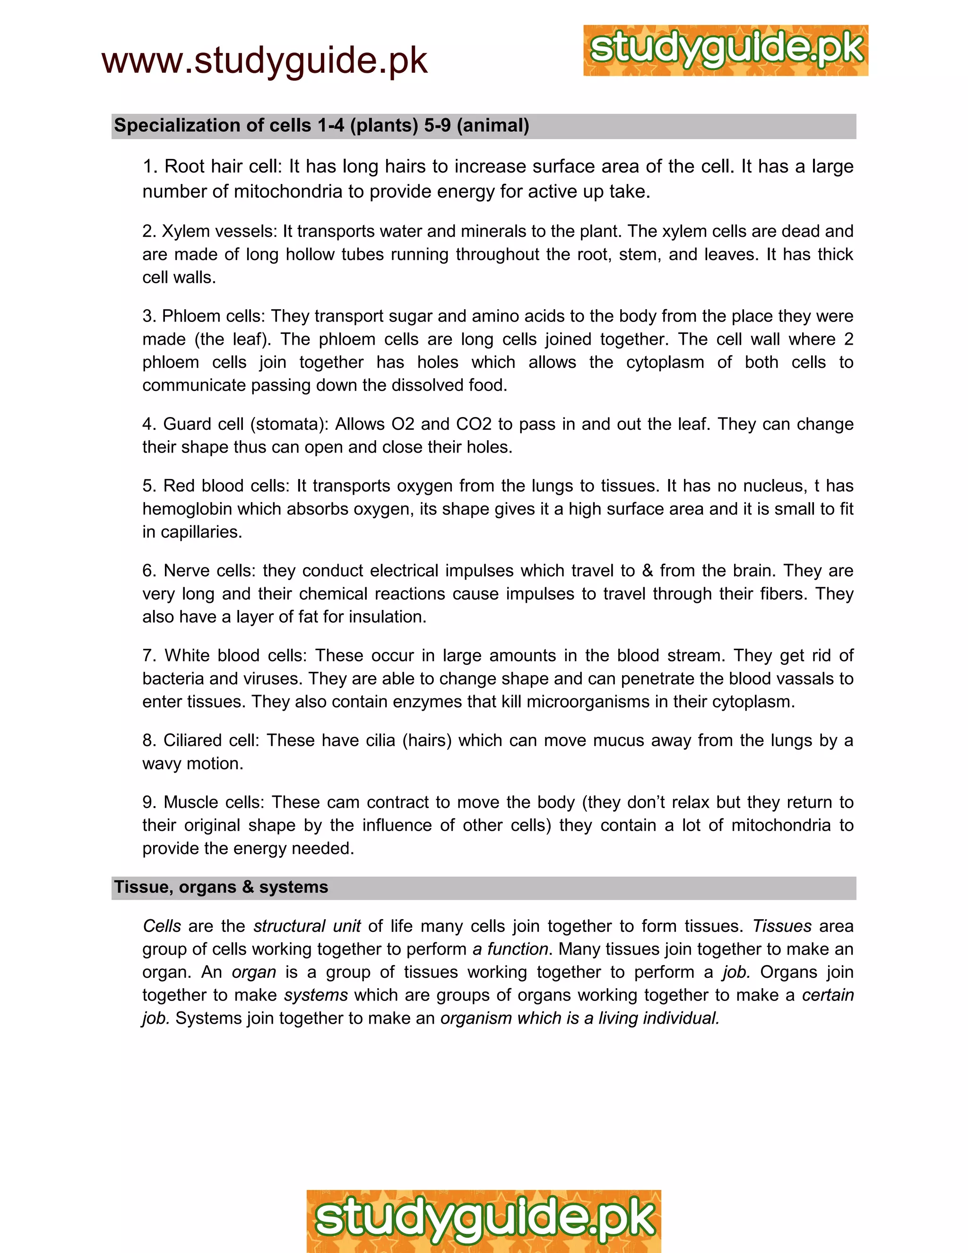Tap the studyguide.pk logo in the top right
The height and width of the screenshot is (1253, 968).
(x=726, y=51)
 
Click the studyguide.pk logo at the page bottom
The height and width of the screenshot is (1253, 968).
(x=484, y=1220)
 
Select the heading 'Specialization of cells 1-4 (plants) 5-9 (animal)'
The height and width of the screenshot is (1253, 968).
(x=321, y=126)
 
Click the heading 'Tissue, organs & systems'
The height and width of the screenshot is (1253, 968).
(x=221, y=887)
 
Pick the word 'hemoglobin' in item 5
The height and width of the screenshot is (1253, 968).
(x=188, y=509)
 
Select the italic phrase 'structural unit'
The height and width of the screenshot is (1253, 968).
(x=307, y=926)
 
